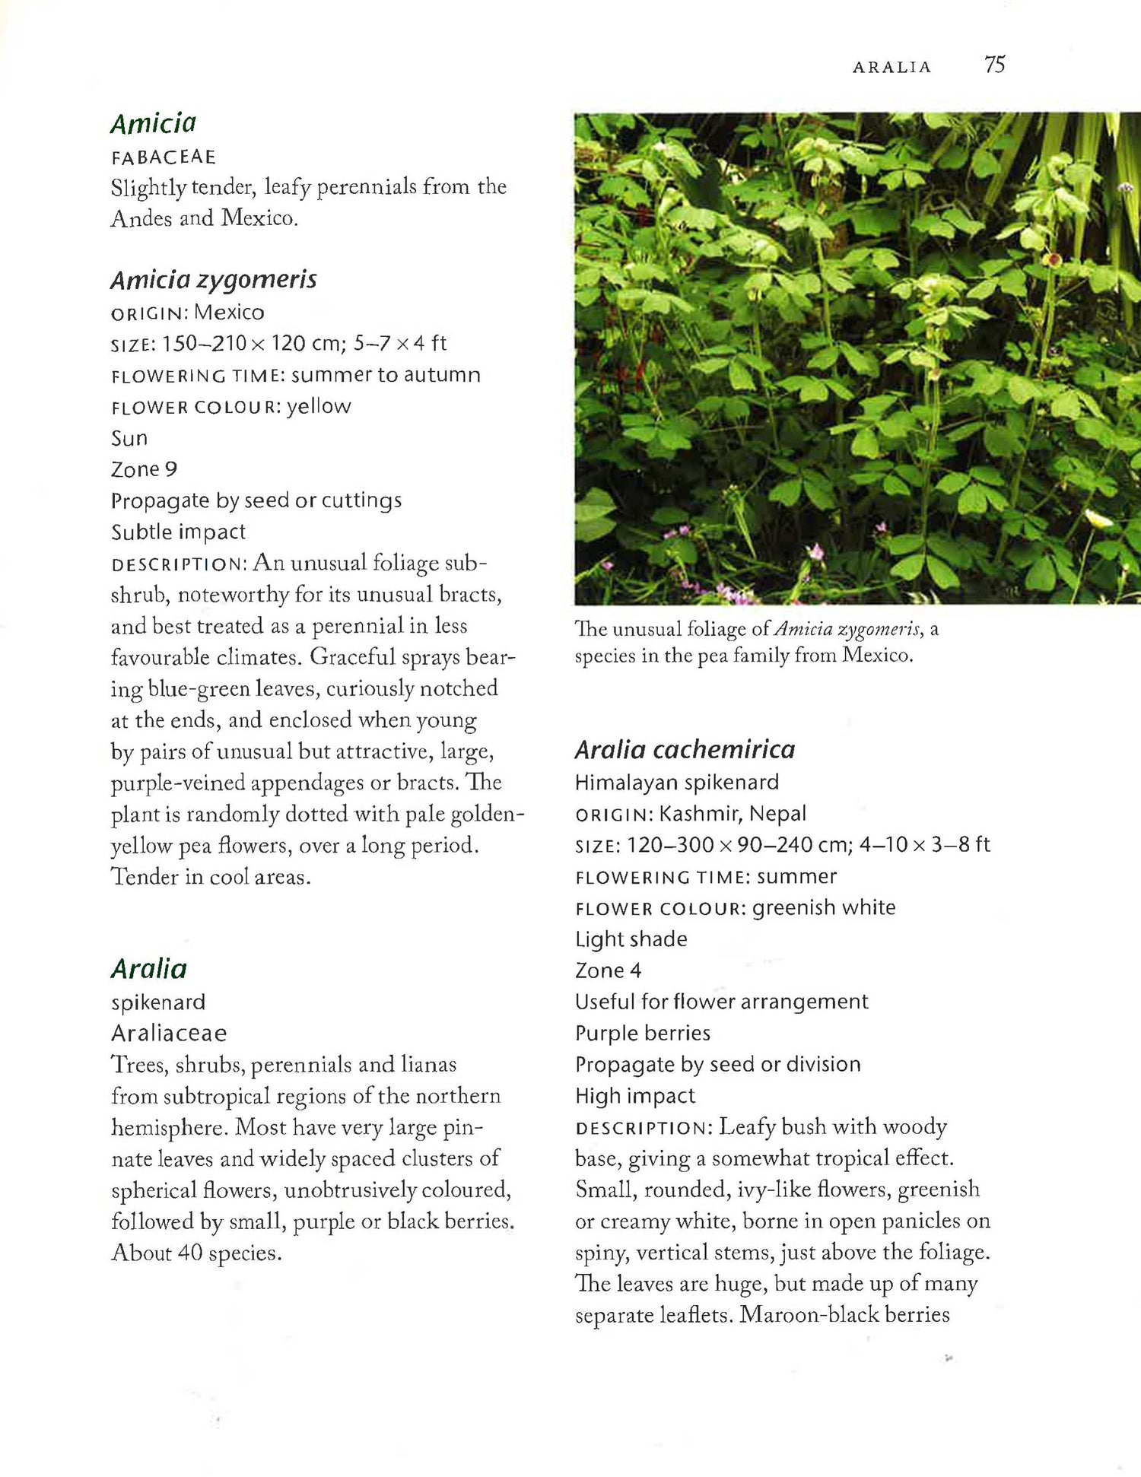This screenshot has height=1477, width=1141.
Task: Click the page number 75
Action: [994, 65]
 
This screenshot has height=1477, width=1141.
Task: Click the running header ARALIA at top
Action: [892, 67]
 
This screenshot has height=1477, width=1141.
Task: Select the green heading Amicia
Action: [153, 123]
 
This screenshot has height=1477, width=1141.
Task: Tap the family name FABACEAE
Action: [164, 157]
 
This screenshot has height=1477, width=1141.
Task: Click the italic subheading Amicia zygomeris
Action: [213, 280]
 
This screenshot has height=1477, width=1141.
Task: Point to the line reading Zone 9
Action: [144, 469]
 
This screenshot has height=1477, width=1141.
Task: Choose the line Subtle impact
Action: [178, 532]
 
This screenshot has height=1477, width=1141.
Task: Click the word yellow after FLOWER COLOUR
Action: [319, 407]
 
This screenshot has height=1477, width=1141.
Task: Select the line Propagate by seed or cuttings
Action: [256, 500]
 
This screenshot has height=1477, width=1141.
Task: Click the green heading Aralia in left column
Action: [148, 968]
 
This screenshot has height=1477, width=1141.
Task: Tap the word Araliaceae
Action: [169, 1033]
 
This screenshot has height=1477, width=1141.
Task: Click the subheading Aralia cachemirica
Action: [685, 750]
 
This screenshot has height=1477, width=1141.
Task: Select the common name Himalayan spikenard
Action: [676, 782]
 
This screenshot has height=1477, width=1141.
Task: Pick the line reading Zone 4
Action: [608, 970]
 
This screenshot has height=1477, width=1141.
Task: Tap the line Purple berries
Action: [642, 1033]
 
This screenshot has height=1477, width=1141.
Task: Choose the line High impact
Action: [634, 1095]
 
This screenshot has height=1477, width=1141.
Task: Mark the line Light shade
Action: [631, 939]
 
